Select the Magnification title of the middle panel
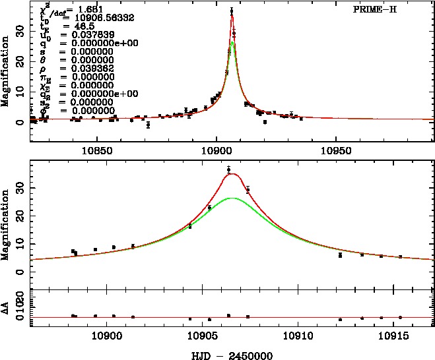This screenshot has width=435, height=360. tap(5, 224)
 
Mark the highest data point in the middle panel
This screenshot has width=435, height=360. tap(228, 170)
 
